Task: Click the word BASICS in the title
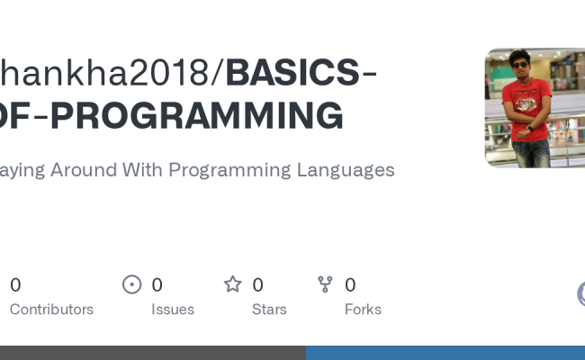tap(292, 74)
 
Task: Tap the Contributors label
tap(51, 310)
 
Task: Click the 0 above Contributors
tap(15, 285)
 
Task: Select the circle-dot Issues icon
tap(132, 285)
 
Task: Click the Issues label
tap(173, 310)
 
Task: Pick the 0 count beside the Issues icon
tap(157, 285)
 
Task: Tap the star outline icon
tap(233, 285)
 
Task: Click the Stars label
tap(269, 310)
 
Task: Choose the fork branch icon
tap(326, 285)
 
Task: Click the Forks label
tap(363, 310)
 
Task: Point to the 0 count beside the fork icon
tap(350, 285)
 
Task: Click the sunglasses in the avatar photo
tap(520, 65)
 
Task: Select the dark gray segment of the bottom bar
tap(153, 353)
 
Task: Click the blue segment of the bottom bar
tap(445, 353)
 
